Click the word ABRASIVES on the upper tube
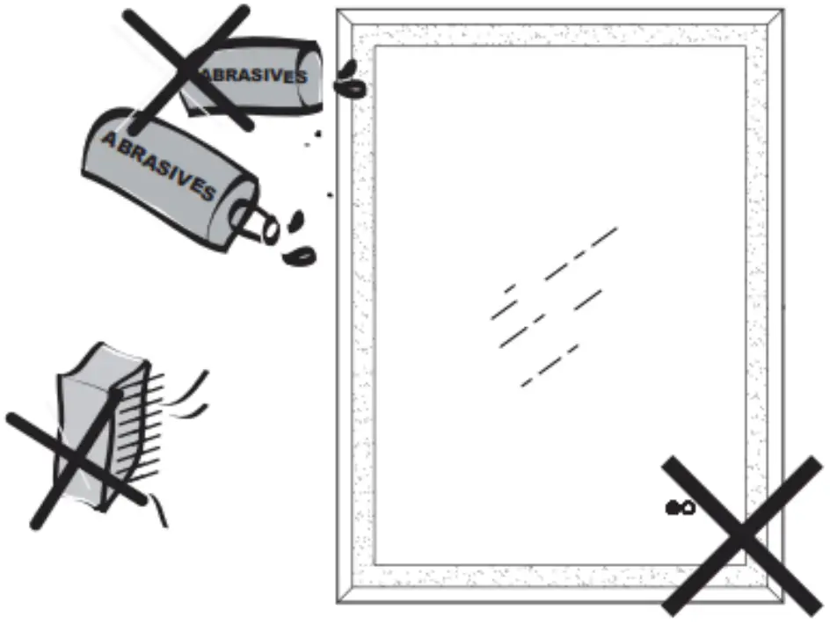[x=251, y=75]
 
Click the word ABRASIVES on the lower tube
[x=159, y=166]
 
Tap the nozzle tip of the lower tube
[x=271, y=230]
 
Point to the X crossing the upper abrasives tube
[x=186, y=69]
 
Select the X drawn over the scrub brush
[x=76, y=459]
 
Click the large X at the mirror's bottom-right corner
[x=742, y=535]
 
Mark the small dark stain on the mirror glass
[x=681, y=508]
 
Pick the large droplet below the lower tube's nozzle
[x=299, y=257]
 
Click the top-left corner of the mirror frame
[x=338, y=10]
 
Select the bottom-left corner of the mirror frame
[x=338, y=603]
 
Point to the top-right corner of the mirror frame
[x=783, y=10]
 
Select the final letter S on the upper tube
[x=302, y=77]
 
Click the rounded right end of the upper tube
[x=311, y=76]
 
